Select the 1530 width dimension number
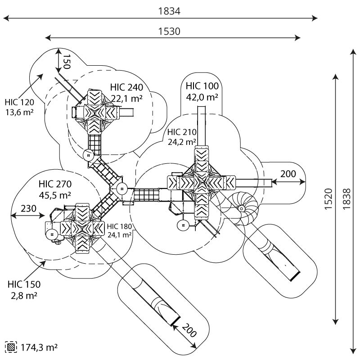pos(169,31)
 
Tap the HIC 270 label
pos(55,184)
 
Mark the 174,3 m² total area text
pos(39,347)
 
